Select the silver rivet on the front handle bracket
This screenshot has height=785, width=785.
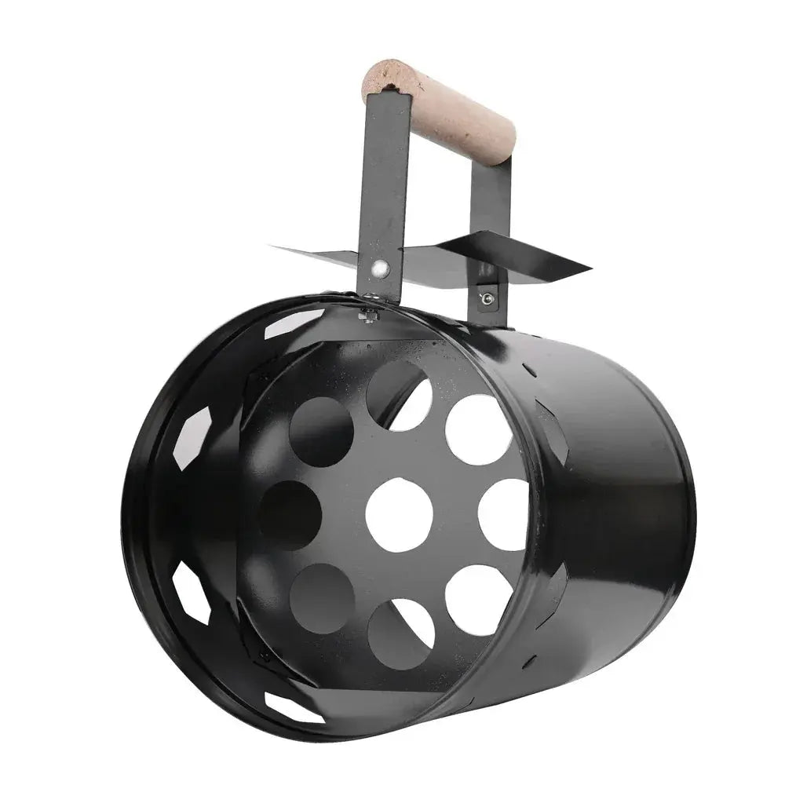click(382, 268)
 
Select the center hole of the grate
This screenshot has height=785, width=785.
click(400, 514)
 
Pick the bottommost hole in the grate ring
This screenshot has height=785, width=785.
click(400, 633)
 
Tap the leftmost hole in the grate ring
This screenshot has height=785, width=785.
click(290, 515)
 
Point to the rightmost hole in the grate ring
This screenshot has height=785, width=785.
click(504, 514)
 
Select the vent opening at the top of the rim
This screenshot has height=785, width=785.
click(294, 323)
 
